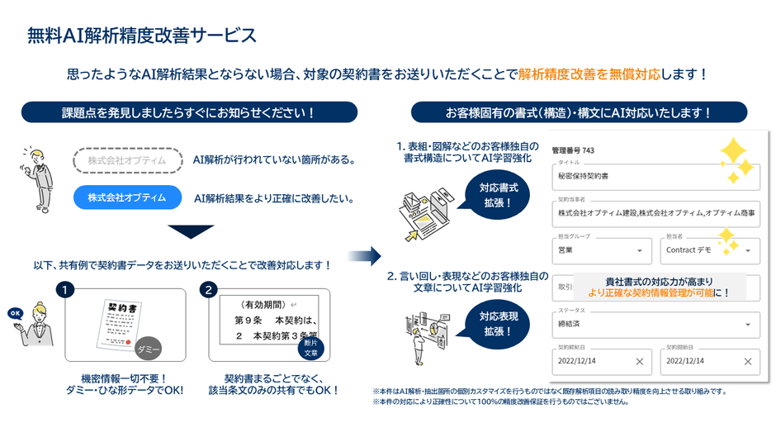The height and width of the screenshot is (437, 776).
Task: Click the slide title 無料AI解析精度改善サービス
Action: point(141,36)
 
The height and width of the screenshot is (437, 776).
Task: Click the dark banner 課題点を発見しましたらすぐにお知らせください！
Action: point(189,112)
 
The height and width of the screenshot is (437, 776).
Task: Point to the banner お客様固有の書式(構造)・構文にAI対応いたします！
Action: point(578,112)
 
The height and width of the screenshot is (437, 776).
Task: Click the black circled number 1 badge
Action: point(65,291)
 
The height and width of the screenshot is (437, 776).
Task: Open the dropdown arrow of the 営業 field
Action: point(639,250)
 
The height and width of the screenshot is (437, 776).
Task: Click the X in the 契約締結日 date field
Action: point(639,361)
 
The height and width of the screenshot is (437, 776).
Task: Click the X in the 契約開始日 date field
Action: point(747,361)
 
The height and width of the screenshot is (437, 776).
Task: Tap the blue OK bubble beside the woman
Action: point(14,313)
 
